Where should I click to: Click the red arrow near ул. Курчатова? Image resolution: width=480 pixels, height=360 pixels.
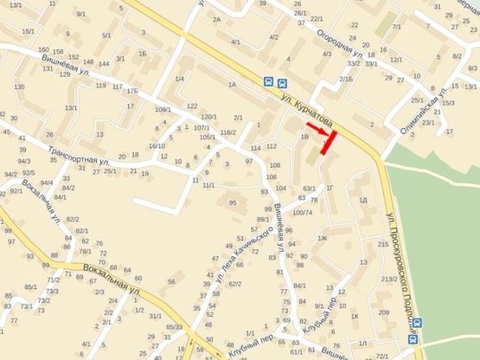(317, 128)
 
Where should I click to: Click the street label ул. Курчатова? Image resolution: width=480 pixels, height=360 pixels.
(306, 109)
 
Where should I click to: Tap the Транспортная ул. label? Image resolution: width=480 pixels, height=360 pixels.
(79, 151)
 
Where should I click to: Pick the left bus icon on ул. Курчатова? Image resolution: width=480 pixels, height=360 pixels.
(269, 82)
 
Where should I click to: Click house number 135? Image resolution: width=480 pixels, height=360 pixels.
(19, 87)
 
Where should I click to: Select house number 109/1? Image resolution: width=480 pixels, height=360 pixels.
(163, 109)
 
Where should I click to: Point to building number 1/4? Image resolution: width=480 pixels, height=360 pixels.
(180, 80)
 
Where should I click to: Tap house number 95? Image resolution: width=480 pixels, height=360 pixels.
(232, 202)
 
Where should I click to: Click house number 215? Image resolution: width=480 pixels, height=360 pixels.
(383, 245)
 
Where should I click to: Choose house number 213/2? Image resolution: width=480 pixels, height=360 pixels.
(388, 279)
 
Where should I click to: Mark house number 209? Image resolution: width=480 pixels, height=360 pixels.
(383, 312)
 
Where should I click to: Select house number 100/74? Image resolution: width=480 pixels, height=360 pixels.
(302, 212)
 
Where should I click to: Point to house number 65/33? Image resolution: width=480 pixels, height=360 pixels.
(174, 326)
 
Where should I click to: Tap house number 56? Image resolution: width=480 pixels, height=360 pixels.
(171, 282)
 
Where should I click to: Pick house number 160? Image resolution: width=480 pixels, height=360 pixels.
(43, 50)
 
